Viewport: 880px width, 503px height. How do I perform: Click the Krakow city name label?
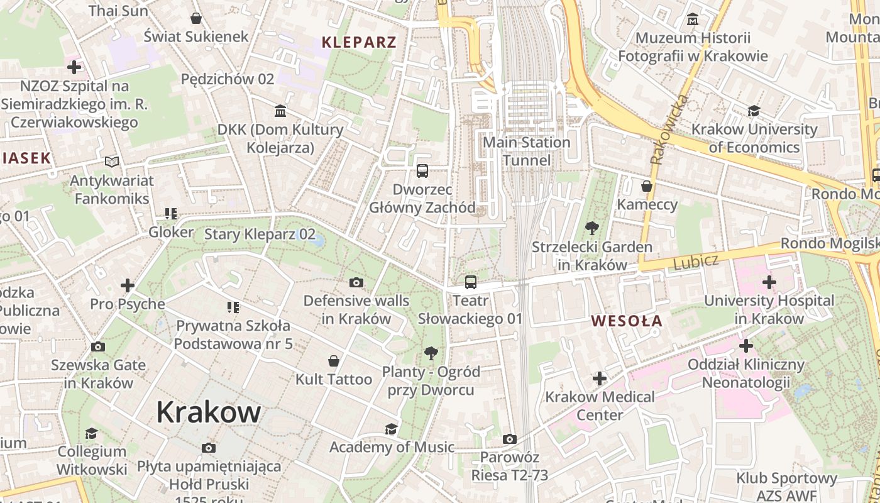pos(208,412)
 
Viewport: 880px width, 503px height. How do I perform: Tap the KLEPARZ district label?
pos(359,43)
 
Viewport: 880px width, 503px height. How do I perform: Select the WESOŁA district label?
pos(627,321)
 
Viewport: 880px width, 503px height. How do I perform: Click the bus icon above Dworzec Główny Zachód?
pos(422,170)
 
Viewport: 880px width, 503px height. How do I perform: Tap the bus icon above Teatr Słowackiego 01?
pos(471,282)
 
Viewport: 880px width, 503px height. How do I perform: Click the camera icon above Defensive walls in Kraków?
pos(356,282)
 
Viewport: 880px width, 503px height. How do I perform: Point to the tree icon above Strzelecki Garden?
pos(591,228)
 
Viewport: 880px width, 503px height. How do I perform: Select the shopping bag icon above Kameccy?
pos(647,186)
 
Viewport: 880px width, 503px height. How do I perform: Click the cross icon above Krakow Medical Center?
pos(600,379)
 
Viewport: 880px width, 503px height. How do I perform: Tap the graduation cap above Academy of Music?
pos(391,429)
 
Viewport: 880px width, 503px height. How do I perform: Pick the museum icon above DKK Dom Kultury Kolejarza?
pos(280,111)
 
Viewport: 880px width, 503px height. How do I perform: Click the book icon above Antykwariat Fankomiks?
pos(112,162)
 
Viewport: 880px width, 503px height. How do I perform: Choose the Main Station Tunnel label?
pos(526,151)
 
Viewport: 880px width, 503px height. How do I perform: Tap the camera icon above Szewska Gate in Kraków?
pos(97,347)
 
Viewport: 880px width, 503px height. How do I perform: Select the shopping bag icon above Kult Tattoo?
pos(334,361)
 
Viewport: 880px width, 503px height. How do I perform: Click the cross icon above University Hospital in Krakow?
pos(769,282)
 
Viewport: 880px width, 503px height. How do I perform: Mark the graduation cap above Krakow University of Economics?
pos(754,111)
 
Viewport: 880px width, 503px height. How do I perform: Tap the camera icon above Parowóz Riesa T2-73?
pos(510,439)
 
